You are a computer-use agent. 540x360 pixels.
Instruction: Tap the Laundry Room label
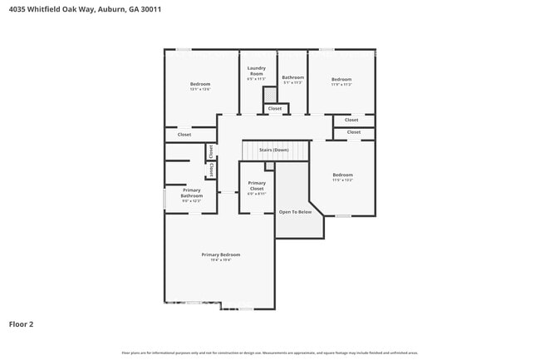click(257, 72)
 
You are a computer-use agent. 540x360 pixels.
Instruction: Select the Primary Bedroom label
click(220, 254)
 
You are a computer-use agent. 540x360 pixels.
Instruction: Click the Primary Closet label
click(257, 185)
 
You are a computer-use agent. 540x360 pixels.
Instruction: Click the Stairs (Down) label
click(273, 150)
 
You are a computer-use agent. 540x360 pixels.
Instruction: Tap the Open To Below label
click(295, 212)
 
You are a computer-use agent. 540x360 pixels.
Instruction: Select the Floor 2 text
click(21, 323)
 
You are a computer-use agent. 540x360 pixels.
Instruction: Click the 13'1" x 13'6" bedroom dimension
click(200, 89)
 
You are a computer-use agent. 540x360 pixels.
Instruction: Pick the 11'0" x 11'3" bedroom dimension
click(342, 85)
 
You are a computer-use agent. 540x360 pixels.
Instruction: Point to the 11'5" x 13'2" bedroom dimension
click(343, 180)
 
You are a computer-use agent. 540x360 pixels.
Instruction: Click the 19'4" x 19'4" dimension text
click(220, 260)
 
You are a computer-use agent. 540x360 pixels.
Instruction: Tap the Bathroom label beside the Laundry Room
click(293, 77)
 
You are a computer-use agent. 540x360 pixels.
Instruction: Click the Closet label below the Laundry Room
click(274, 108)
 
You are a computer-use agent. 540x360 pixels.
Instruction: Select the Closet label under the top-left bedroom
click(184, 134)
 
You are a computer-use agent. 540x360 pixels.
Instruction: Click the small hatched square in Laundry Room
click(269, 94)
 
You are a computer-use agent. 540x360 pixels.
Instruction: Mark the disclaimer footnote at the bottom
click(270, 353)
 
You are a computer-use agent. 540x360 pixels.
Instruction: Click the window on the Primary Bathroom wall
click(164, 199)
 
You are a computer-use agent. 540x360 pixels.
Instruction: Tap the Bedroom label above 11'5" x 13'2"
click(343, 175)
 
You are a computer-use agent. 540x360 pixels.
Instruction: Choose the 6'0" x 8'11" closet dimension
click(257, 194)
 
